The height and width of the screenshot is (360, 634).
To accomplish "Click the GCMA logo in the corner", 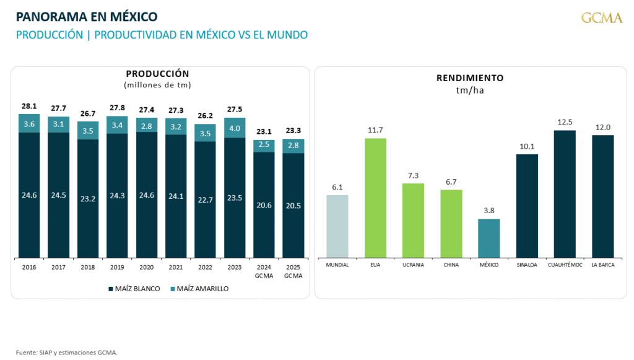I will tap(601, 18).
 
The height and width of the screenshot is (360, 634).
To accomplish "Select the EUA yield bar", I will tap(376, 198).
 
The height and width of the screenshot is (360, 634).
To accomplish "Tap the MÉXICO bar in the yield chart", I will tap(489, 238).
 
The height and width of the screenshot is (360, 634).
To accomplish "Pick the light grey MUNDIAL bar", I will tap(337, 226).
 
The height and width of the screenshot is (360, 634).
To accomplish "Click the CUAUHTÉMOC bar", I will tap(565, 194).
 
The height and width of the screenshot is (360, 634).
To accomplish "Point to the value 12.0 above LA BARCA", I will tap(602, 127).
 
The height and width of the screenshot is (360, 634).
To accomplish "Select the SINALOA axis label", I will tap(527, 265).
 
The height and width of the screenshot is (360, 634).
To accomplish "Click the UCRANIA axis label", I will tap(413, 265).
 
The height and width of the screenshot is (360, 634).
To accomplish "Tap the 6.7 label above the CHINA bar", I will tap(451, 182).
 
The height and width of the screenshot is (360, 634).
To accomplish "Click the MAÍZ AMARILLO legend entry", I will tap(198, 289).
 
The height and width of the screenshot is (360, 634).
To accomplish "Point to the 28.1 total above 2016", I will tap(29, 106).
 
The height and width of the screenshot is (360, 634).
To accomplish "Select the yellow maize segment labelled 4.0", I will tap(235, 128).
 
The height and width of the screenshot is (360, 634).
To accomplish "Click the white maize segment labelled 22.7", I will tap(206, 200).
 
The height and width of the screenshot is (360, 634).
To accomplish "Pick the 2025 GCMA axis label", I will tap(293, 271).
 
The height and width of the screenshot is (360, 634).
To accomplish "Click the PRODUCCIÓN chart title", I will tap(157, 74).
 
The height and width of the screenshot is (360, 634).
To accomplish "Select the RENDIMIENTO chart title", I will tap(470, 78).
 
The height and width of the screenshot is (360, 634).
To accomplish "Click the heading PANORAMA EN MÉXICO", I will tap(87, 16).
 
